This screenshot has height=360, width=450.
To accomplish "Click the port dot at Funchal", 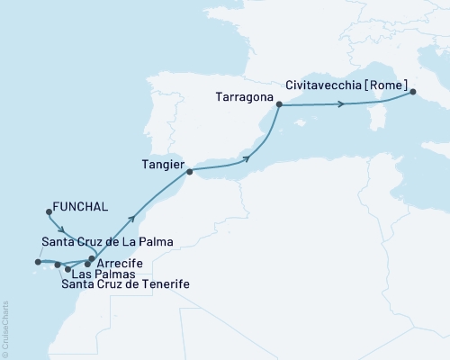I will click(x=47, y=212).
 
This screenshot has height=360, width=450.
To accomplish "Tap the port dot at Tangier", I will click(x=187, y=166).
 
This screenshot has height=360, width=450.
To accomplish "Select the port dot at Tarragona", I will click(x=279, y=105).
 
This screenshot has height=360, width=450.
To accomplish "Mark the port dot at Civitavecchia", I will click(x=412, y=91).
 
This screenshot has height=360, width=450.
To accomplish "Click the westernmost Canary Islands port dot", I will click(x=37, y=263).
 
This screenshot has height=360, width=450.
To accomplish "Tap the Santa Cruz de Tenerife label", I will click(x=126, y=284).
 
